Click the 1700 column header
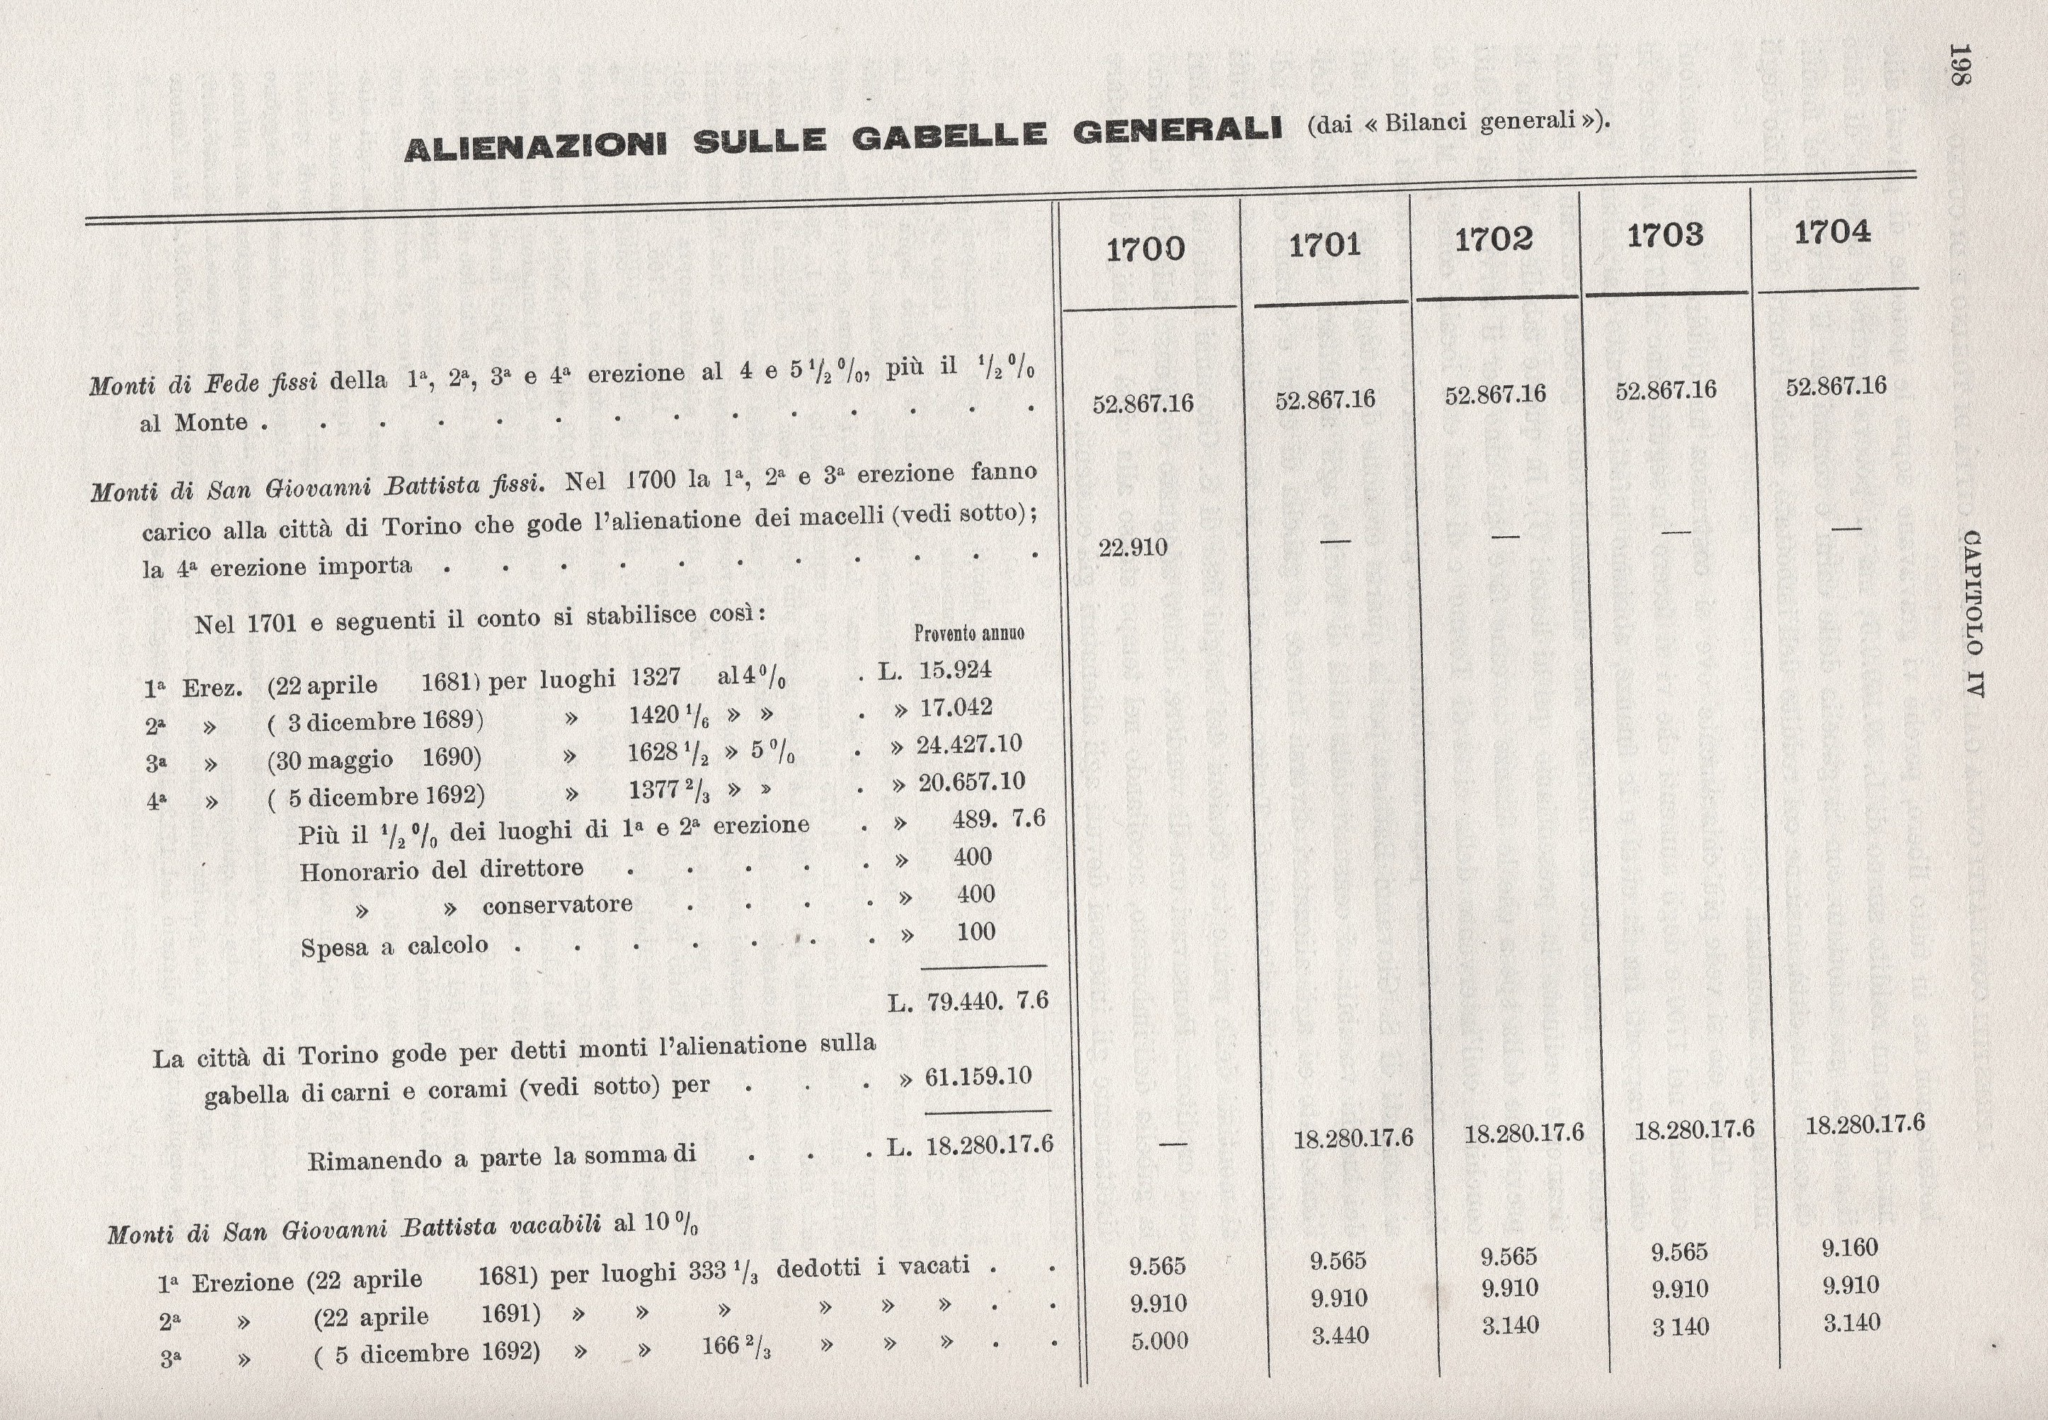1145,249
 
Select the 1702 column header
1494,240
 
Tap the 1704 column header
1833,232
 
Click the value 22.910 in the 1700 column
1133,547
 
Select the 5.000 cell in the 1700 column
1159,1341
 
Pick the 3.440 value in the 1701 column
1339,1334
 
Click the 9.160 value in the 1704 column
1850,1247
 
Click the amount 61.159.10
978,1077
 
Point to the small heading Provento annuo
968,632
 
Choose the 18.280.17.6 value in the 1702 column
1524,1132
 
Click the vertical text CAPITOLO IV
1971,613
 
